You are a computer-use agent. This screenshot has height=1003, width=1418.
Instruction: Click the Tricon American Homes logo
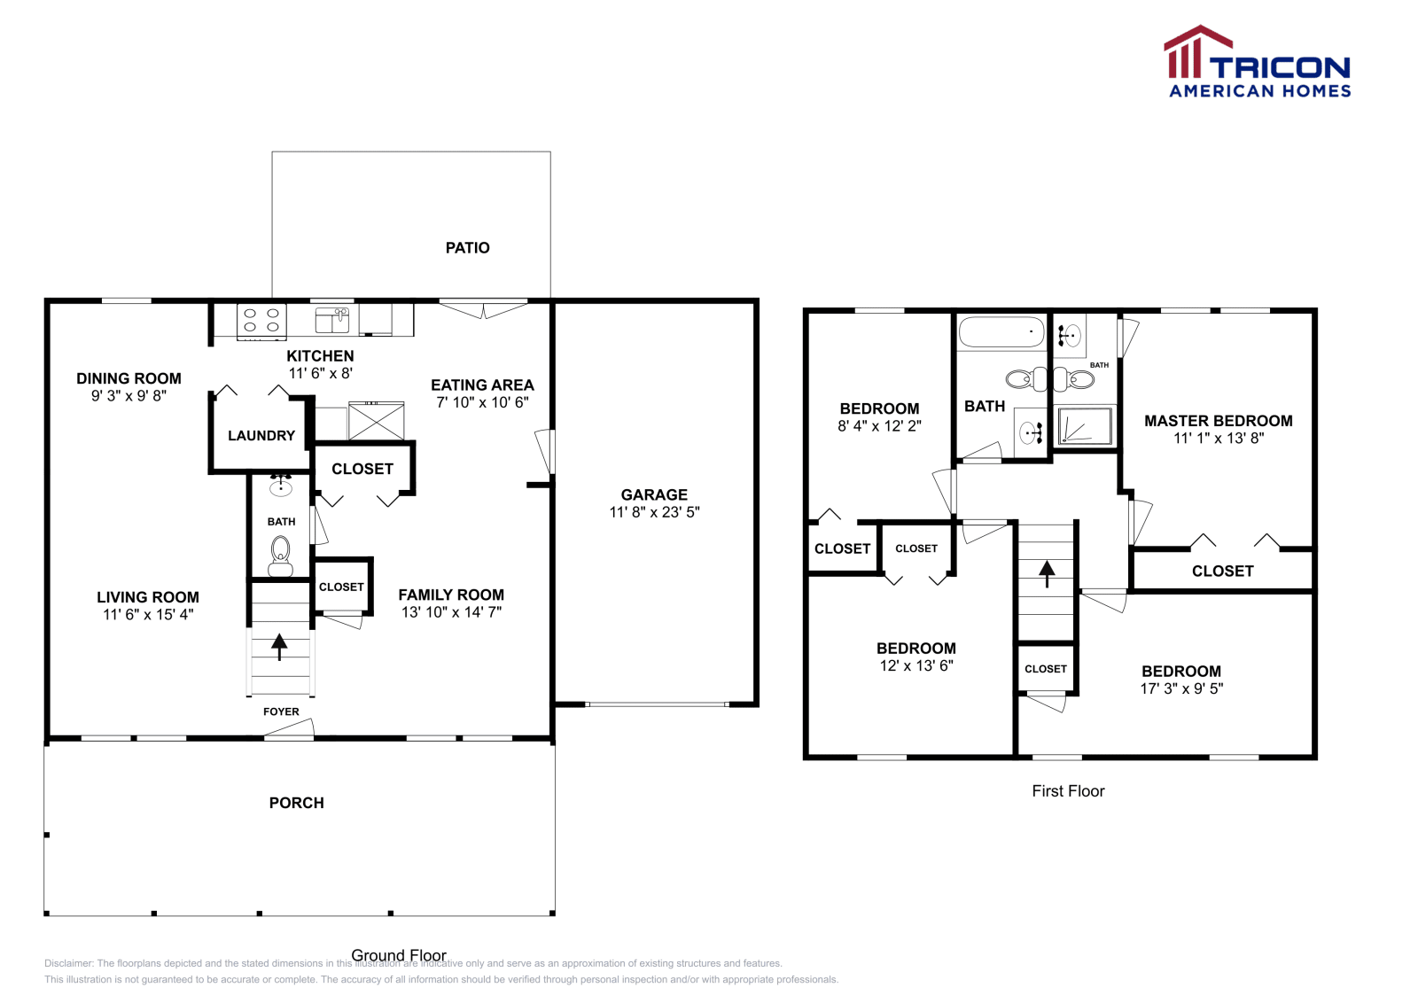(x=1258, y=61)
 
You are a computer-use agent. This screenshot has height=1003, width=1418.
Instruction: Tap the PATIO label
(x=468, y=248)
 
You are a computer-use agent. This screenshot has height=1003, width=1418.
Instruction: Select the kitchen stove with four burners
(x=261, y=321)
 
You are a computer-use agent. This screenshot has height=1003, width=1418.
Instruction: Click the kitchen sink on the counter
(x=332, y=320)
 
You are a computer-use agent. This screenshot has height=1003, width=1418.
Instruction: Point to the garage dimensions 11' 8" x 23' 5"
(x=655, y=512)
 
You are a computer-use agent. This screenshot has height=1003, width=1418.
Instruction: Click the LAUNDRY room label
(x=261, y=436)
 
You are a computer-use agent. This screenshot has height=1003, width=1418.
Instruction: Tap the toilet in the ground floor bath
(x=280, y=556)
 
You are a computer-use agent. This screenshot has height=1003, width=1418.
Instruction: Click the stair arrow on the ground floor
(x=279, y=647)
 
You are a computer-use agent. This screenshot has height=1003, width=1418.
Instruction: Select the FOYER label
(x=281, y=711)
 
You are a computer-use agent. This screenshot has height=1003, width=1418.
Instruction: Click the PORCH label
(x=296, y=803)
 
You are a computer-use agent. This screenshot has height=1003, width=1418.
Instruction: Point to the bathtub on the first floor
(x=1001, y=332)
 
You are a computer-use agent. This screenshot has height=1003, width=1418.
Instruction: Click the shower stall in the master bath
(x=1086, y=425)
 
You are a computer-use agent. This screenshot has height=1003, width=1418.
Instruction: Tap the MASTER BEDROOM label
(x=1219, y=421)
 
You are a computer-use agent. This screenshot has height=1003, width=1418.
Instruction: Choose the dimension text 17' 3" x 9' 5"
(x=1182, y=688)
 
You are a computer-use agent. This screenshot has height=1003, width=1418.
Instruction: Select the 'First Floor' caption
(x=1069, y=791)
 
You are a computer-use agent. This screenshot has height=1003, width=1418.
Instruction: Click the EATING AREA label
(x=482, y=385)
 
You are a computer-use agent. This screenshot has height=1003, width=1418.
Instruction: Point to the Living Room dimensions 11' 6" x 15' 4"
(x=148, y=614)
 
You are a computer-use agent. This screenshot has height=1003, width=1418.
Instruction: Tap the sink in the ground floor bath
(x=280, y=486)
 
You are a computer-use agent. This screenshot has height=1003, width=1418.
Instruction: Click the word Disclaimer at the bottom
(x=68, y=963)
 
